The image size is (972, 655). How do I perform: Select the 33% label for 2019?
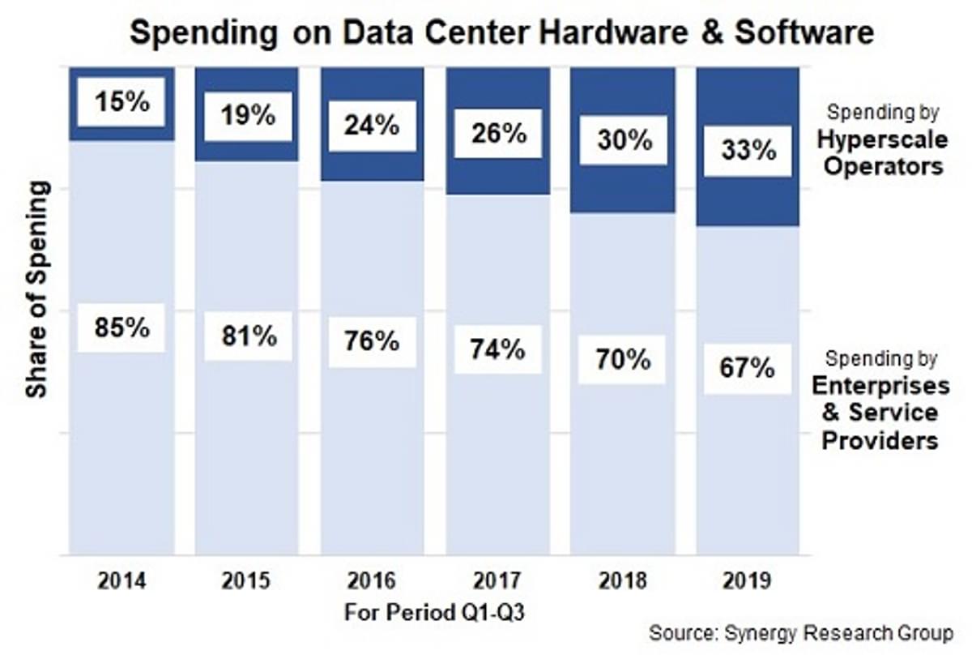coord(747,151)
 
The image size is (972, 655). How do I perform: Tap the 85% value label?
coord(122,327)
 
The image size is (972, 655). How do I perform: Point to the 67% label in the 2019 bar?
coord(747,369)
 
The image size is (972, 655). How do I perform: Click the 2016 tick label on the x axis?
coord(372,581)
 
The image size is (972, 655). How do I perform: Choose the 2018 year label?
coord(622,581)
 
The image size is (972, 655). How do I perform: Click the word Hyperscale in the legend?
coord(880,139)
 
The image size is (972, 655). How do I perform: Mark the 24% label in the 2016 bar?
coord(372,126)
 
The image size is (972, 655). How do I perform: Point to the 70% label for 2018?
coord(622,359)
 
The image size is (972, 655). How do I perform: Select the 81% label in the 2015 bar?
coord(247,336)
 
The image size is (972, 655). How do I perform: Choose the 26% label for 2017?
coord(497,133)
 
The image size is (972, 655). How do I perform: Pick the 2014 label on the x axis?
coord(122,581)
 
